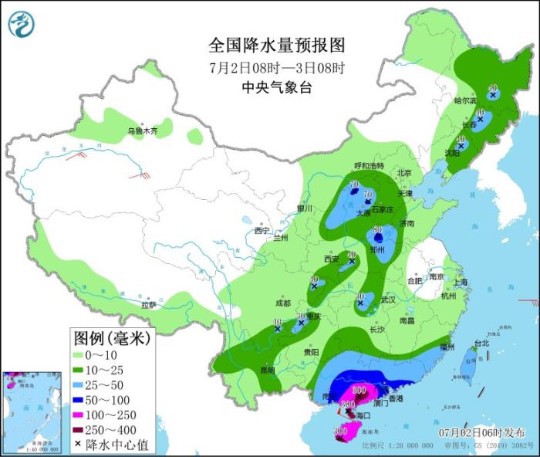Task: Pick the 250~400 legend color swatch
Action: (80, 429)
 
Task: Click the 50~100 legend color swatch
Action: (80, 400)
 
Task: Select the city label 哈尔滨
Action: (465, 100)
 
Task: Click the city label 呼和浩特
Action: (368, 166)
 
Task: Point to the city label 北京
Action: (403, 173)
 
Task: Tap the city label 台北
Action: (481, 343)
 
